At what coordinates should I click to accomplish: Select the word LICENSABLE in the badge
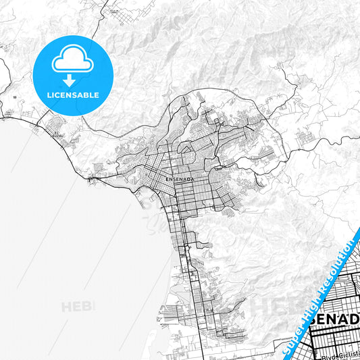click(x=72, y=95)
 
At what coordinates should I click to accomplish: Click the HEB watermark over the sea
click(x=78, y=307)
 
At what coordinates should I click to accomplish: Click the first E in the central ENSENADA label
click(x=166, y=180)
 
